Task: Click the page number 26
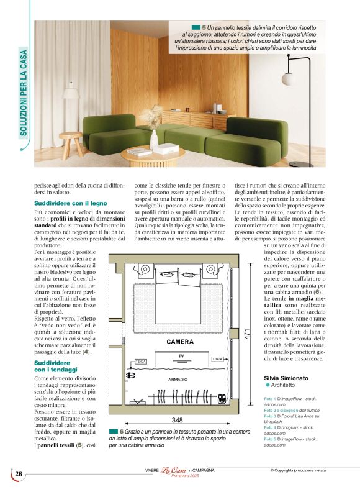click(18, 474)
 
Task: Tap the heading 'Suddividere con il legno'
click(65, 203)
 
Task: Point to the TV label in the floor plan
click(181, 356)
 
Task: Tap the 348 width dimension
click(177, 421)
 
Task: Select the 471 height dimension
click(246, 334)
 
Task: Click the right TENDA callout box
click(217, 359)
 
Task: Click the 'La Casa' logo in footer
click(174, 470)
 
